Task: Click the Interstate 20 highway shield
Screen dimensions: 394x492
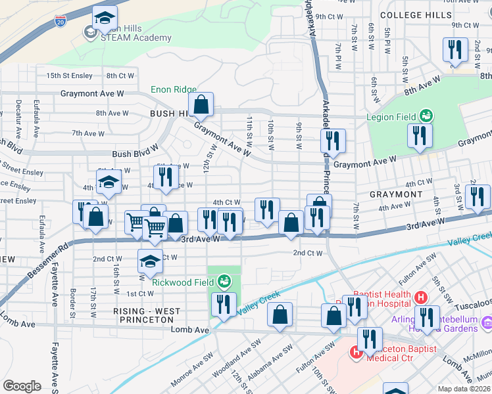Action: [61, 22]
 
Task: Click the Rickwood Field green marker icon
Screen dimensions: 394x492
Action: [224, 282]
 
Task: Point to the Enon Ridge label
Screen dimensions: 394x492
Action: [174, 89]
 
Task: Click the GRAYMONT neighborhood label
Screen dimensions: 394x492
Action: [396, 194]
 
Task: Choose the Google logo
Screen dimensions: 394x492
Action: [22, 386]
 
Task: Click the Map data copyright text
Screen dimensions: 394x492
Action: [464, 389]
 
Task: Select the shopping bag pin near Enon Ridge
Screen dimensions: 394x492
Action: [201, 104]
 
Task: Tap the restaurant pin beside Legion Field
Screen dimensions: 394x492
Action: [418, 135]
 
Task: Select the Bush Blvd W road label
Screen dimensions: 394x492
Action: [135, 154]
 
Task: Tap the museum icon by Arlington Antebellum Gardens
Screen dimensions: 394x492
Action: [487, 322]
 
